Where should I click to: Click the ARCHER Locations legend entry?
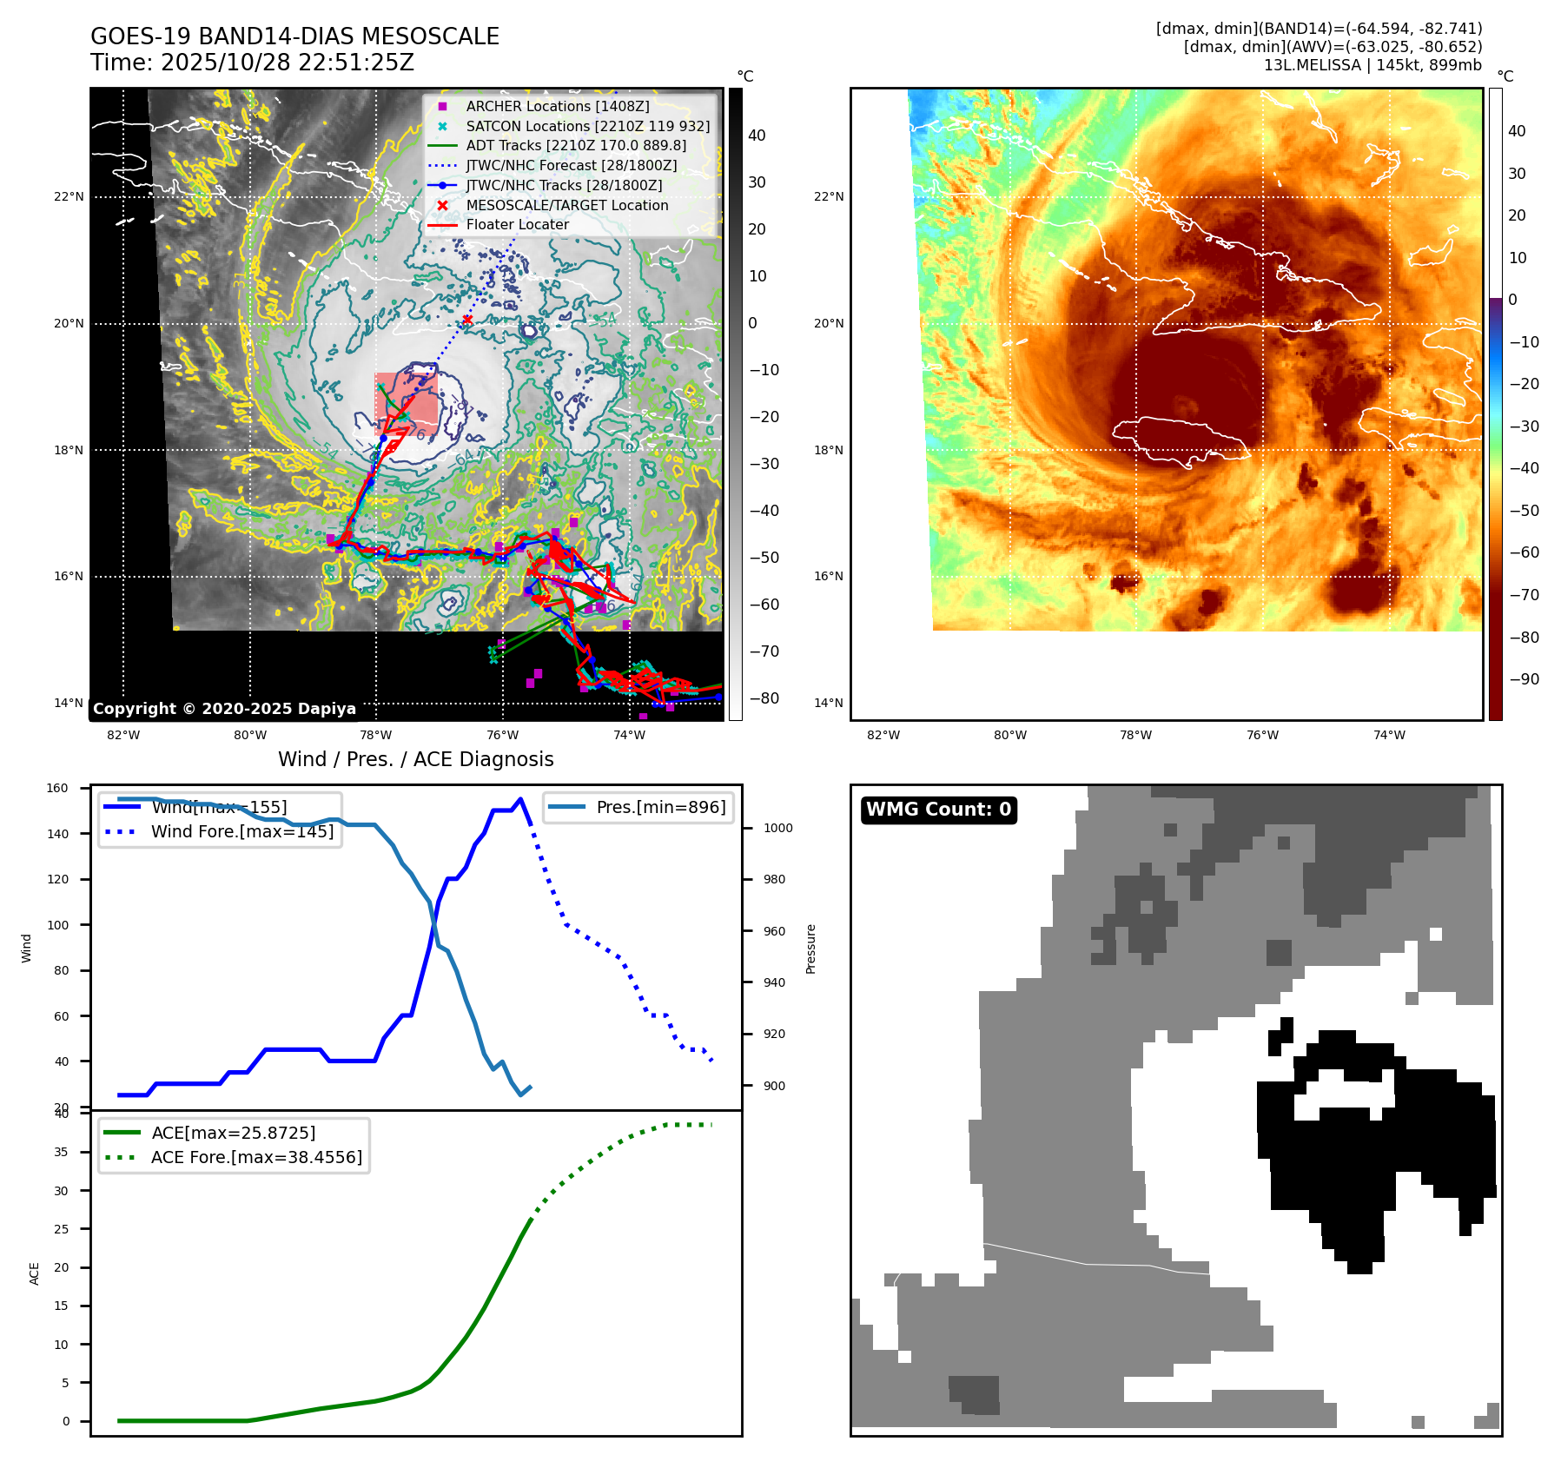pos(557,106)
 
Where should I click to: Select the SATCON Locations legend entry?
pos(587,126)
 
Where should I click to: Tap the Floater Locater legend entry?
pos(517,224)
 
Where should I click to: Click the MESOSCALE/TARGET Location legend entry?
pos(566,205)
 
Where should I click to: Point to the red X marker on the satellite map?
pos(467,320)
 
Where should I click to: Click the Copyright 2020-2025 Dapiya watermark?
pos(224,709)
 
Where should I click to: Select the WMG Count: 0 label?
pos(938,810)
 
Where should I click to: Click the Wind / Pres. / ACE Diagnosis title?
pos(415,759)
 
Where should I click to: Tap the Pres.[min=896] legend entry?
pos(660,807)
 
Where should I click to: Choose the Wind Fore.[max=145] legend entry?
pos(241,831)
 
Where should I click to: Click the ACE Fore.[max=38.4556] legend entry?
pos(256,1157)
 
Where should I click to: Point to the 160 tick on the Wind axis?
pos(57,789)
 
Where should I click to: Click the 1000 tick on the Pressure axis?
pos(777,828)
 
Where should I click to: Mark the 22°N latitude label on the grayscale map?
pos(69,197)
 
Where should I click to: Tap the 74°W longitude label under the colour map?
pos(1389,735)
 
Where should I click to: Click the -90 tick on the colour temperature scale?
pos(1524,679)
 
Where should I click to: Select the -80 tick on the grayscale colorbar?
pos(764,698)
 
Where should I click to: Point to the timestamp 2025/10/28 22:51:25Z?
pos(287,63)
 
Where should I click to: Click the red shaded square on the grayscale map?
pos(406,404)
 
